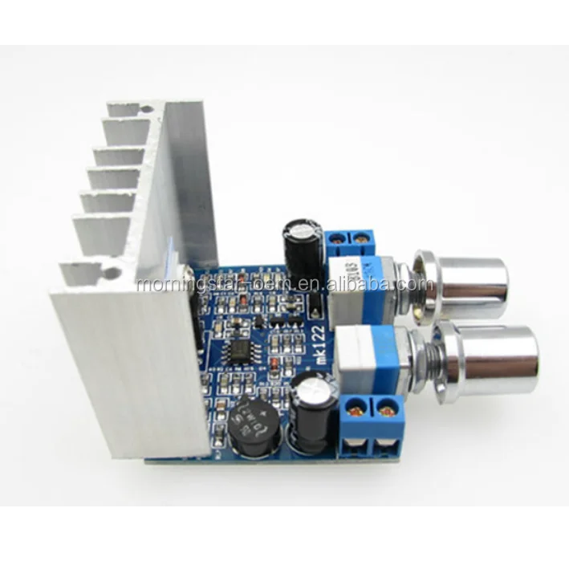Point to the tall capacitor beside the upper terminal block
pyautogui.click(x=303, y=244)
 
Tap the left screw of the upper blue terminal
pyautogui.click(x=339, y=238)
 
